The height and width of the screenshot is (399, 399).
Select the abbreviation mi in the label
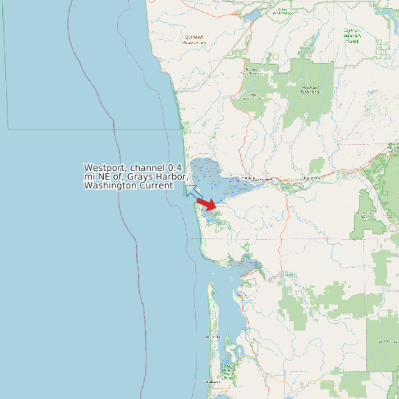pos(88,177)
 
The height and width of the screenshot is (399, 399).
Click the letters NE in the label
pos(103,177)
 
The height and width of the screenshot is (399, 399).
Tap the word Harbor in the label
pos(173,177)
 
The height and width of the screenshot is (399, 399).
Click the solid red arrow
pos(207,203)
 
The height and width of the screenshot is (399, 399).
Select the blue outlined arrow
pos(192,193)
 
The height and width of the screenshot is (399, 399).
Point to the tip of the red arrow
pos(216,207)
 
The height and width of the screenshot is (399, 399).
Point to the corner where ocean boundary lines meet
pos(8,129)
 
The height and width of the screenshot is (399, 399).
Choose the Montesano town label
pos(312,177)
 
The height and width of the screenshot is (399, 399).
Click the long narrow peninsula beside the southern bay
pos(211,324)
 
